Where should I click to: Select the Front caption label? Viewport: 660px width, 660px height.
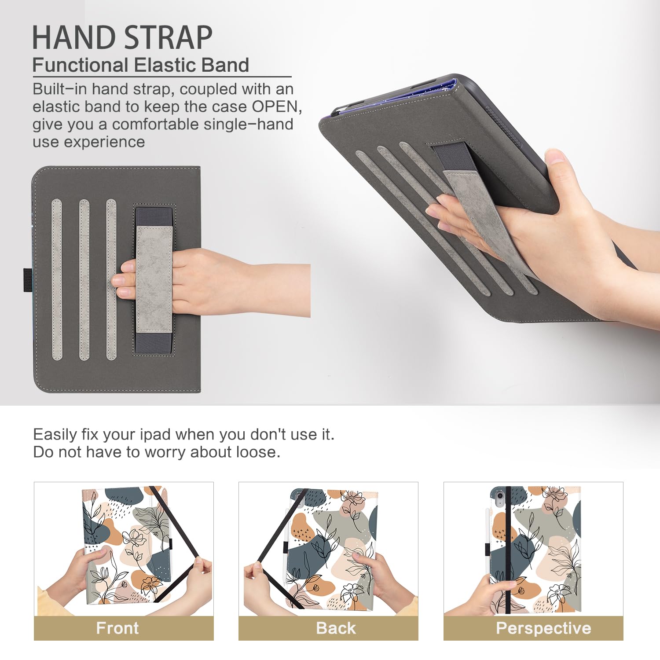pos(117,628)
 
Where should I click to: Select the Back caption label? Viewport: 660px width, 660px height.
pos(336,628)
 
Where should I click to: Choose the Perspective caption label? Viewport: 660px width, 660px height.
pos(543,628)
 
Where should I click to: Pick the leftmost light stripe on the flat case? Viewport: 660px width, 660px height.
pos(57,279)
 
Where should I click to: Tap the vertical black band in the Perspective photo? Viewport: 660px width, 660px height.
pos(508,550)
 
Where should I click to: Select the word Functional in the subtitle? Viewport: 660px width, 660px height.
pos(80,65)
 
